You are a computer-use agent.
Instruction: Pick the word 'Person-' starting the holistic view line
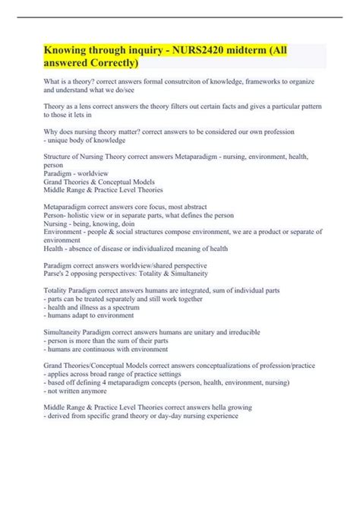click(x=58, y=216)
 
